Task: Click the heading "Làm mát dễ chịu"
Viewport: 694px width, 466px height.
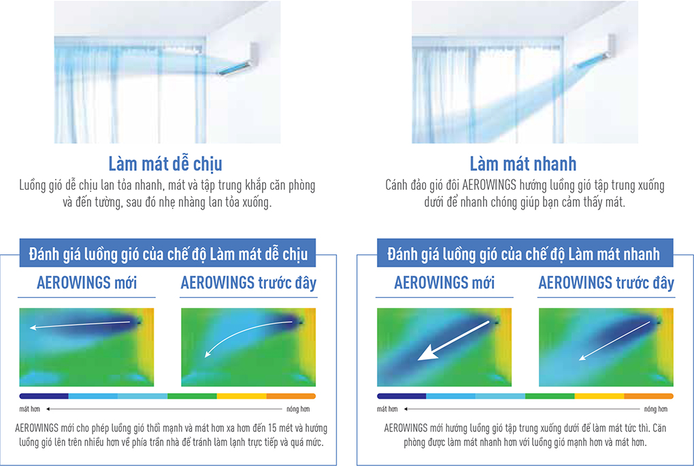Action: pyautogui.click(x=165, y=164)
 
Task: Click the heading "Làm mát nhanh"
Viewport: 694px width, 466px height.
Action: pyautogui.click(x=523, y=164)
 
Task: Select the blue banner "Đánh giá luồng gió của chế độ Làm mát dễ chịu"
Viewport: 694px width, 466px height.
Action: pyautogui.click(x=168, y=253)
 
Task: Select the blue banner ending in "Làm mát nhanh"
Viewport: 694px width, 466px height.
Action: pyautogui.click(x=525, y=253)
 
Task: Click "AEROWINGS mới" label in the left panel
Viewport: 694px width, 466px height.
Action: pyautogui.click(x=87, y=282)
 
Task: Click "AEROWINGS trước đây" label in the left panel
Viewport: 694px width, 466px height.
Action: pyautogui.click(x=248, y=283)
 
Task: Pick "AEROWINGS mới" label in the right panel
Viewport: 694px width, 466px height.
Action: pyautogui.click(x=444, y=282)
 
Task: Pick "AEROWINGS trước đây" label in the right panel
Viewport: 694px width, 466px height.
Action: pyautogui.click(x=606, y=283)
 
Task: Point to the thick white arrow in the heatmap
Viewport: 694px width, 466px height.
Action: pyautogui.click(x=453, y=341)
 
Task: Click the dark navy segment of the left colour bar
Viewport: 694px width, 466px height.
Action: pyautogui.click(x=44, y=396)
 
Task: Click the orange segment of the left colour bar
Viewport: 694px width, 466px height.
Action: pyautogui.click(x=291, y=396)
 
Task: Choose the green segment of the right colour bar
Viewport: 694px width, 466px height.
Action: pyautogui.click(x=550, y=396)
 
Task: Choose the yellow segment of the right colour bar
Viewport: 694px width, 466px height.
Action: pyautogui.click(x=599, y=396)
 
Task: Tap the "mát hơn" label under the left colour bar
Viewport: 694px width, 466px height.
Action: pyautogui.click(x=30, y=409)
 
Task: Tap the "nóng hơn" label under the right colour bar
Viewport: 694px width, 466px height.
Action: pyautogui.click(x=655, y=409)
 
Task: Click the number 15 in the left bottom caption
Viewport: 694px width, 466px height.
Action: pyautogui.click(x=272, y=428)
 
